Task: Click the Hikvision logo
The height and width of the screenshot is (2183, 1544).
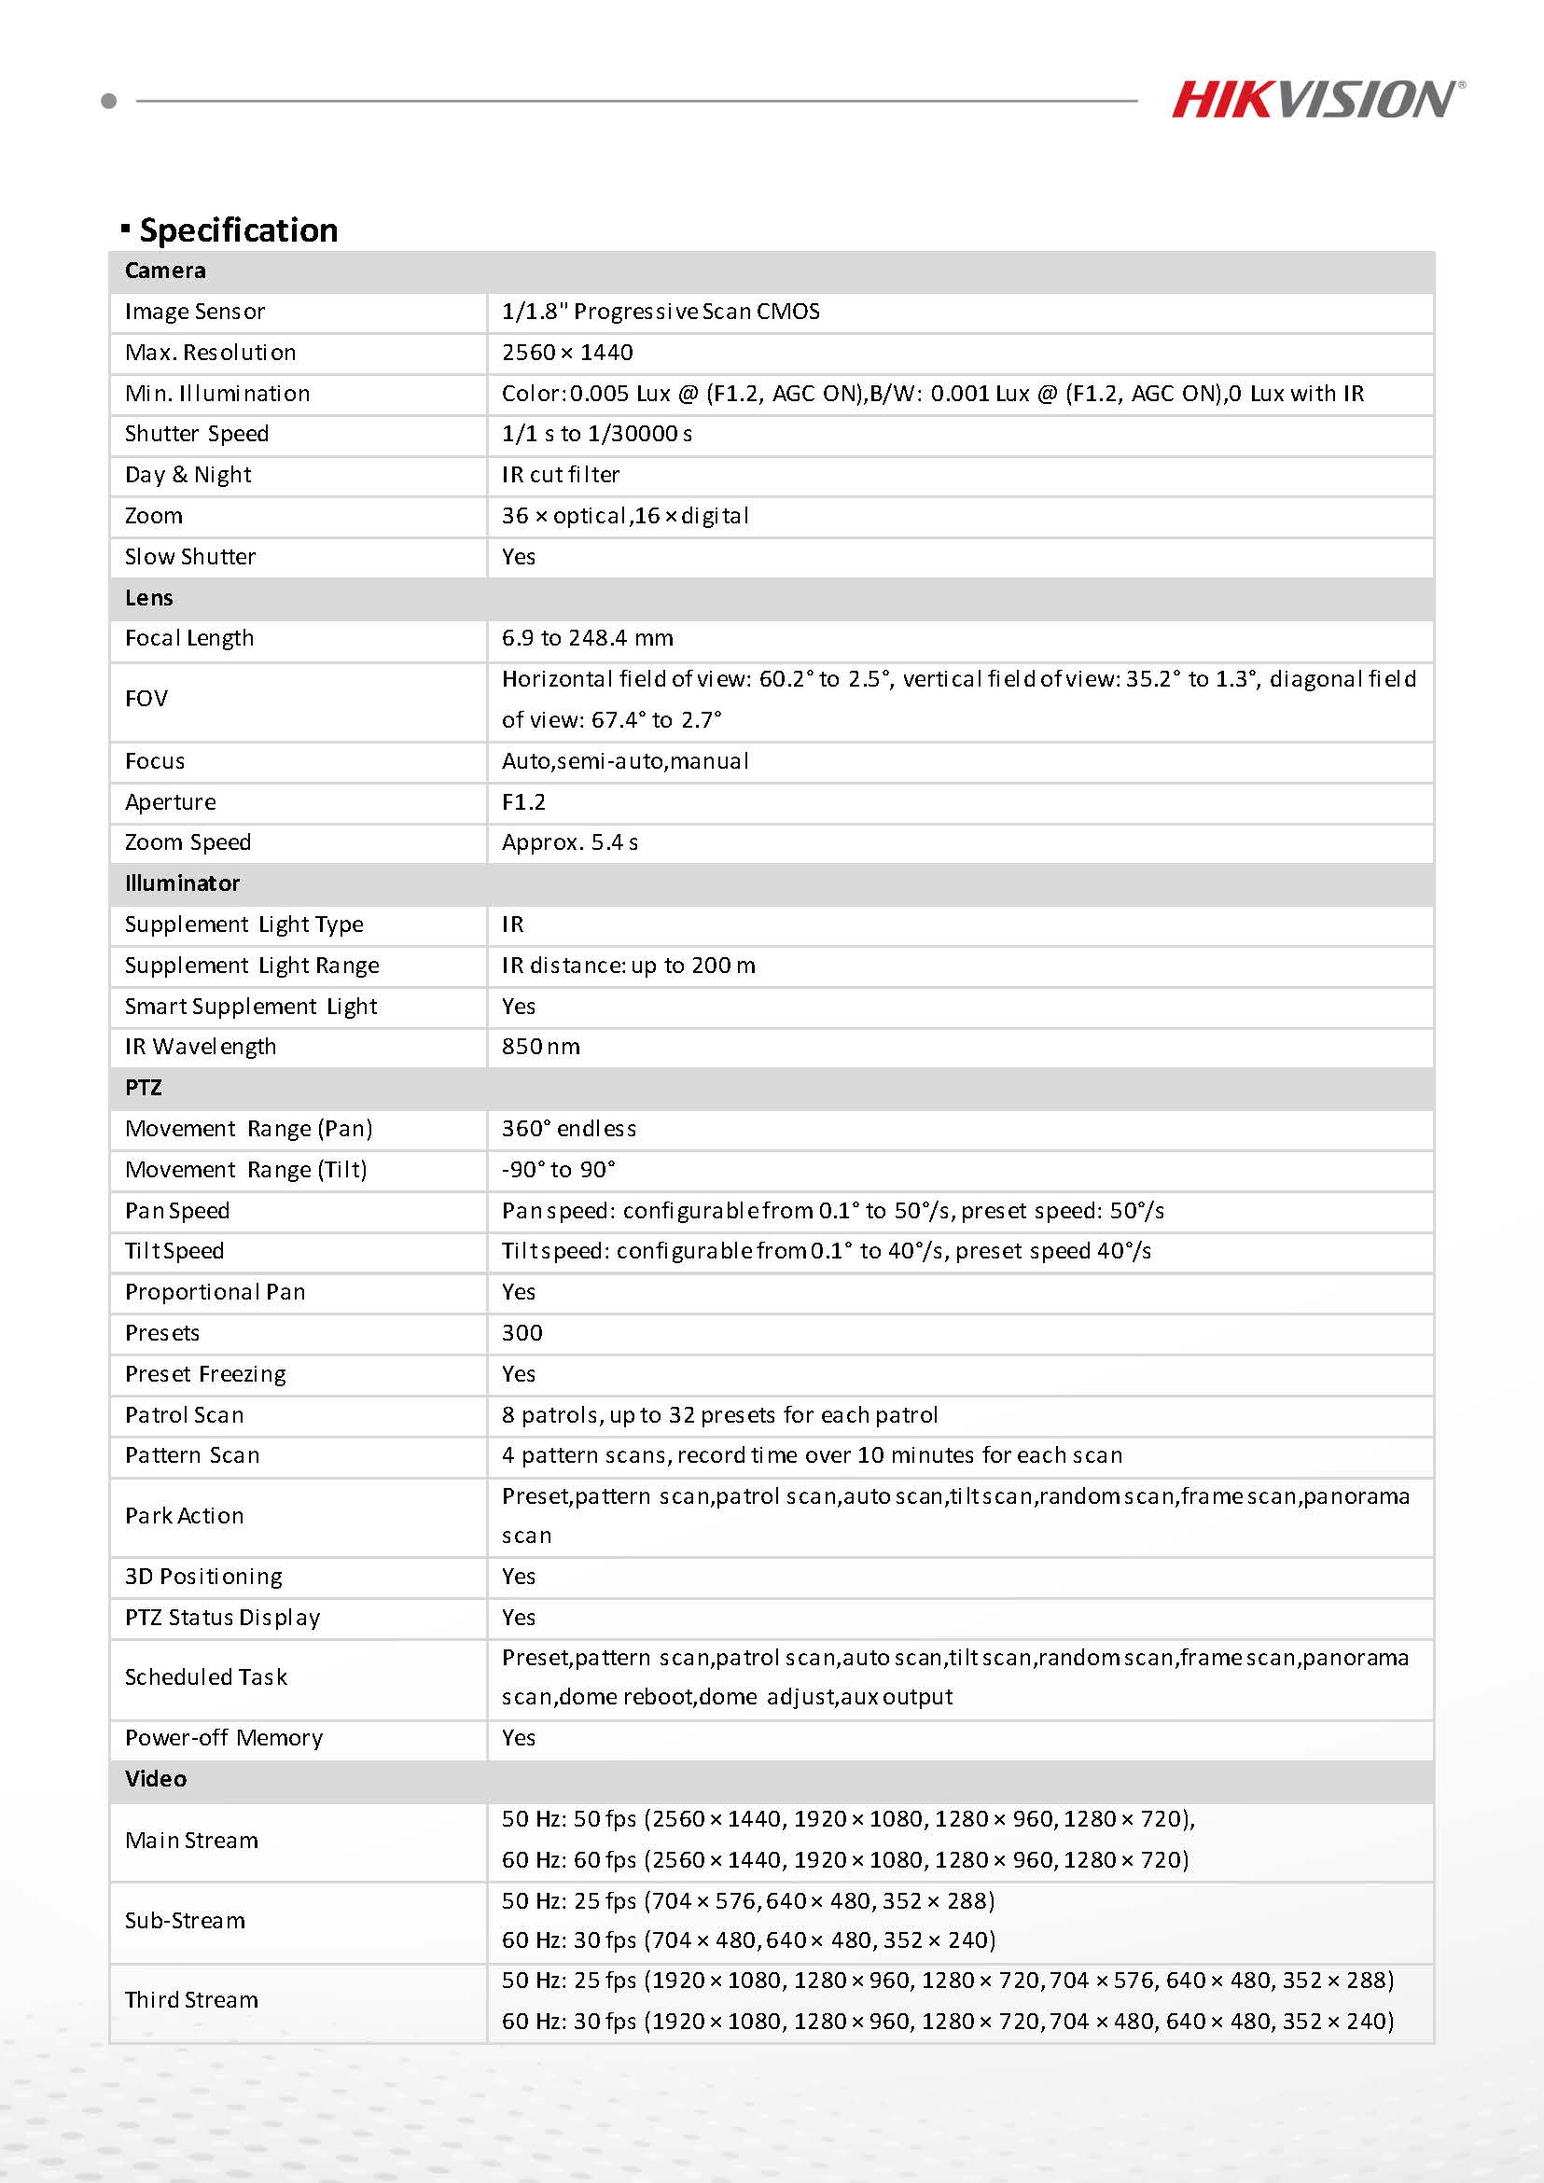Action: click(1316, 100)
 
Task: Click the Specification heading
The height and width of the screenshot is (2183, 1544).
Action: click(238, 230)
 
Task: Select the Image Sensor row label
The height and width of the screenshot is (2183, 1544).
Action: click(195, 312)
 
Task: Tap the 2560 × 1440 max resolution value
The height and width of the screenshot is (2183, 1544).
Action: click(567, 353)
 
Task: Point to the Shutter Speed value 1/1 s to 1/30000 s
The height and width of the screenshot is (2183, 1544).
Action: click(597, 434)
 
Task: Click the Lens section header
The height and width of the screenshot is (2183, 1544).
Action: click(149, 598)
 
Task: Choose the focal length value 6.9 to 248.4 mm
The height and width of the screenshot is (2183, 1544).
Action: click(588, 638)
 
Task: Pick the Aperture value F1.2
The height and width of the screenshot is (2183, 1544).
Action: click(524, 802)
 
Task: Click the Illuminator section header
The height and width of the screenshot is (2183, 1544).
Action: click(183, 883)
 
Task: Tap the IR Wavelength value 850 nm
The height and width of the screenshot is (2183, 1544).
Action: click(541, 1047)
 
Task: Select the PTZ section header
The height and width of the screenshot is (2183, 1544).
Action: click(144, 1088)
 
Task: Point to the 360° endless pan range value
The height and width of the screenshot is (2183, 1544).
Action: click(568, 1129)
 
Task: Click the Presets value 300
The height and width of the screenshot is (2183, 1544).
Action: click(522, 1333)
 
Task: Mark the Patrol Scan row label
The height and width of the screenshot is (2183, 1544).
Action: click(185, 1415)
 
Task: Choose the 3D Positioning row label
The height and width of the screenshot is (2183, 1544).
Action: click(203, 1577)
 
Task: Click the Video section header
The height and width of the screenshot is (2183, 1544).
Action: click(156, 1779)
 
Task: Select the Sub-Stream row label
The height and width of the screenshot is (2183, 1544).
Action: click(186, 1921)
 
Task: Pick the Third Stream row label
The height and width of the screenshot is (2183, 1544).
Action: click(192, 1999)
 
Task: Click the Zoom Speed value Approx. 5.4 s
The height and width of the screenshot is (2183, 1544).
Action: click(570, 842)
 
